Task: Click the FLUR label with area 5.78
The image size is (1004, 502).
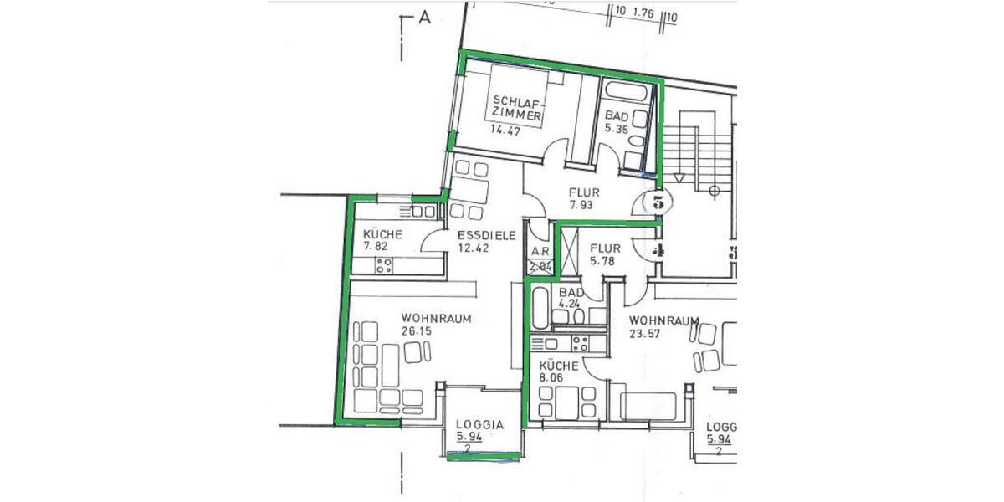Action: [604, 248]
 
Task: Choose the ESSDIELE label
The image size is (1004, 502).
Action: [485, 235]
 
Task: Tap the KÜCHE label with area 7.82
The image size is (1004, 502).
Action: [383, 235]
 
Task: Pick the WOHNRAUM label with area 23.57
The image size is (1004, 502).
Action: [663, 321]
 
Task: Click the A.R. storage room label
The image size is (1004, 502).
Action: [539, 251]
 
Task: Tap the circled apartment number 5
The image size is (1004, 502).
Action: [658, 201]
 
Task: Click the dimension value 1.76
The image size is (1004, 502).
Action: [643, 13]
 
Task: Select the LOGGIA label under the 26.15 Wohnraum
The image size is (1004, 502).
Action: [479, 424]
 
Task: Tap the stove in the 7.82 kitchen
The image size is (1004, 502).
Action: [384, 266]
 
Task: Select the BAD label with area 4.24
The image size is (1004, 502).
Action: [571, 293]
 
